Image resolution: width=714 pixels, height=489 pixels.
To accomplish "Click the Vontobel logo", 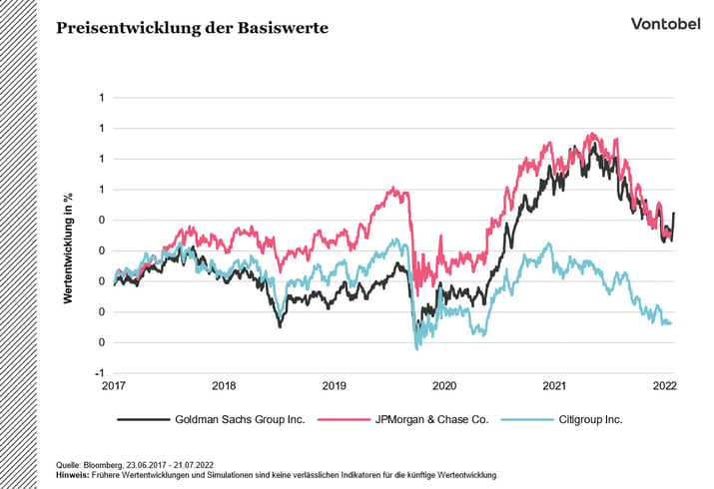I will point(666,24).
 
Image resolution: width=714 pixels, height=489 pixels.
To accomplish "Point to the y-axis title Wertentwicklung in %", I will point(69,236).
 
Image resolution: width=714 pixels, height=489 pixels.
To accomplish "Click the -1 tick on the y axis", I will point(101,373).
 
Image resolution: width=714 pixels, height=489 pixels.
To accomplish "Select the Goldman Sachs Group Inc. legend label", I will point(240,420).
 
